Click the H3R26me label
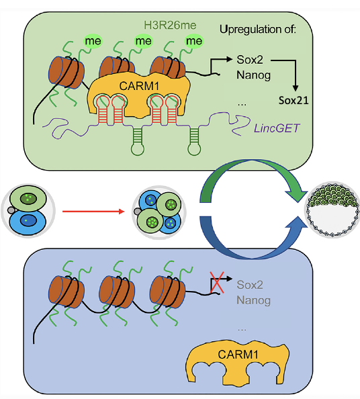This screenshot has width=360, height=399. (x=170, y=26)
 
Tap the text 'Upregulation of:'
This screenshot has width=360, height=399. (x=258, y=30)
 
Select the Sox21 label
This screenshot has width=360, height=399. (x=294, y=100)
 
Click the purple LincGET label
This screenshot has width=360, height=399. (x=277, y=128)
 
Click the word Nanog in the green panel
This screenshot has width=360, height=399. (x=253, y=75)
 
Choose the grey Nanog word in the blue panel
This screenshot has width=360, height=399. (x=253, y=300)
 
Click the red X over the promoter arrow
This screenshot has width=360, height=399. (x=217, y=282)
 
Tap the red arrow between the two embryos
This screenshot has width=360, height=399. (x=93, y=211)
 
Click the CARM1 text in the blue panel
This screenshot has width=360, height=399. (x=238, y=354)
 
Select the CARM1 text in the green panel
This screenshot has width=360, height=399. (x=139, y=86)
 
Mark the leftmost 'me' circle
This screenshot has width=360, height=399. (x=93, y=41)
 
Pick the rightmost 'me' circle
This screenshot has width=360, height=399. (x=194, y=41)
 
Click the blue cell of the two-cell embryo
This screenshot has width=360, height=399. (x=28, y=220)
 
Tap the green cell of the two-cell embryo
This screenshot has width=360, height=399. (x=28, y=199)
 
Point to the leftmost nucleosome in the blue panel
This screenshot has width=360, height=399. (x=66, y=292)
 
